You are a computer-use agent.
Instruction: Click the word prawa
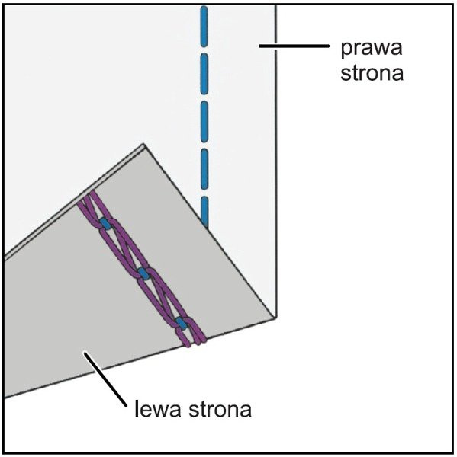point(372,48)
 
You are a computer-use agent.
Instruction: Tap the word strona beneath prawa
point(372,72)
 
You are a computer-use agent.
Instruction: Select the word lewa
point(157,408)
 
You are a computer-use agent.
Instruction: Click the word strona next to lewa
point(220,409)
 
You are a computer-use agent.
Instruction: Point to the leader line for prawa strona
point(294,46)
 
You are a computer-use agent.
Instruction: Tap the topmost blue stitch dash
point(204,27)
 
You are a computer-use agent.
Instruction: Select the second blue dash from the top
point(204,74)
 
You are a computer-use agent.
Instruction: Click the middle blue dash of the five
point(204,122)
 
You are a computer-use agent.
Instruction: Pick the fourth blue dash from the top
point(204,169)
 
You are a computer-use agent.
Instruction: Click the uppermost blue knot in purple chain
point(105,224)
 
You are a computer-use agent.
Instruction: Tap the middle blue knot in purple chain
point(143,273)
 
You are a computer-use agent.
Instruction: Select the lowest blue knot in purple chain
point(181,324)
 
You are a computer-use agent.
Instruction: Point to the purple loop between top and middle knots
point(124,248)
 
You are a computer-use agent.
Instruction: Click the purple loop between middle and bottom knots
point(162,299)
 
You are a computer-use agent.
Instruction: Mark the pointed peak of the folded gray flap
point(143,144)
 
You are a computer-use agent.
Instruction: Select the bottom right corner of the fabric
point(275,318)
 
